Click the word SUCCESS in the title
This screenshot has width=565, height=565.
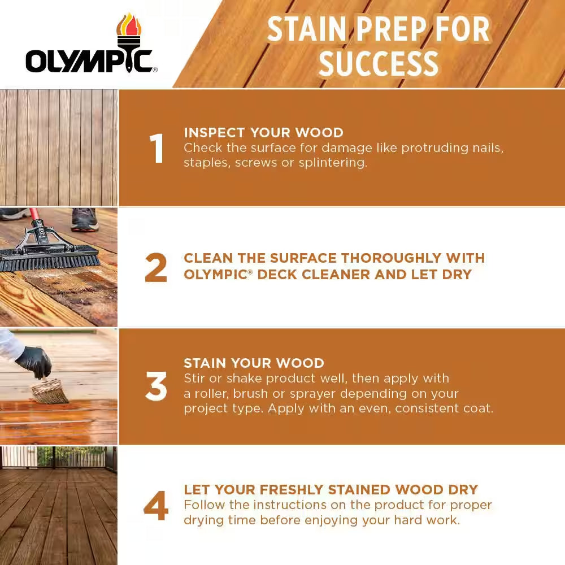379,63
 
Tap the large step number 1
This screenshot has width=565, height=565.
156,149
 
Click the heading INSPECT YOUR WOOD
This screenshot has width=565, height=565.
263,133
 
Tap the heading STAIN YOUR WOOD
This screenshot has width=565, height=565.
254,363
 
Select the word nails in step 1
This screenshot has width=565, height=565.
488,148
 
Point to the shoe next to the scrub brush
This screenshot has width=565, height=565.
85,219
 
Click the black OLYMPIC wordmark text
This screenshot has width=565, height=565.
89,61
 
